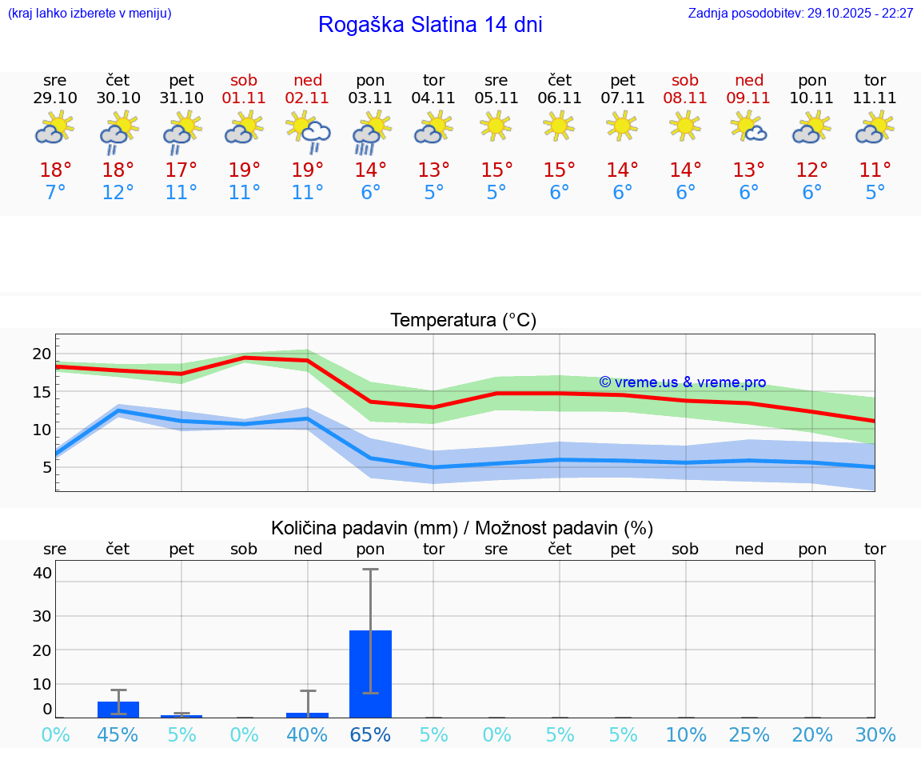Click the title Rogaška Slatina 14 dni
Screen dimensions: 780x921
[x=430, y=25]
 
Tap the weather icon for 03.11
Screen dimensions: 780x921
[x=371, y=132]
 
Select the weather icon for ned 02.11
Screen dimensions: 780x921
[x=308, y=132]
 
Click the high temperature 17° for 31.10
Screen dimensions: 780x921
[x=181, y=170]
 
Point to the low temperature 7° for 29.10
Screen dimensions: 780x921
[x=55, y=193]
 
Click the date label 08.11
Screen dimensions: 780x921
[x=685, y=98]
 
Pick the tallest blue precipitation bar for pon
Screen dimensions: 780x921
[x=371, y=674]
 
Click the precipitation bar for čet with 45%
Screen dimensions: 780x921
[x=118, y=709]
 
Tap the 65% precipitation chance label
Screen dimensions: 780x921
[x=371, y=735]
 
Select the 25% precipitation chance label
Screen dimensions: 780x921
[x=749, y=735]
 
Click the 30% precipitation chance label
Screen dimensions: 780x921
[x=875, y=735]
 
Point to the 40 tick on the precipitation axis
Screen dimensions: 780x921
[x=42, y=573]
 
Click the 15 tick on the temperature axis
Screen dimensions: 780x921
[x=42, y=392]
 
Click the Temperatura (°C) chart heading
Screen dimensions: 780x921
[x=463, y=321]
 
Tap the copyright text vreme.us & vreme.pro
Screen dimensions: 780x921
[x=683, y=382]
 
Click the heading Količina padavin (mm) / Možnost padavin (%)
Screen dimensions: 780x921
[x=462, y=528]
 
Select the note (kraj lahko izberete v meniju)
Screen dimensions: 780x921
[x=90, y=14]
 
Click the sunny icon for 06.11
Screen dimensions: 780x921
[x=559, y=126]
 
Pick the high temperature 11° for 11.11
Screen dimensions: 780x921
[x=875, y=170]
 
